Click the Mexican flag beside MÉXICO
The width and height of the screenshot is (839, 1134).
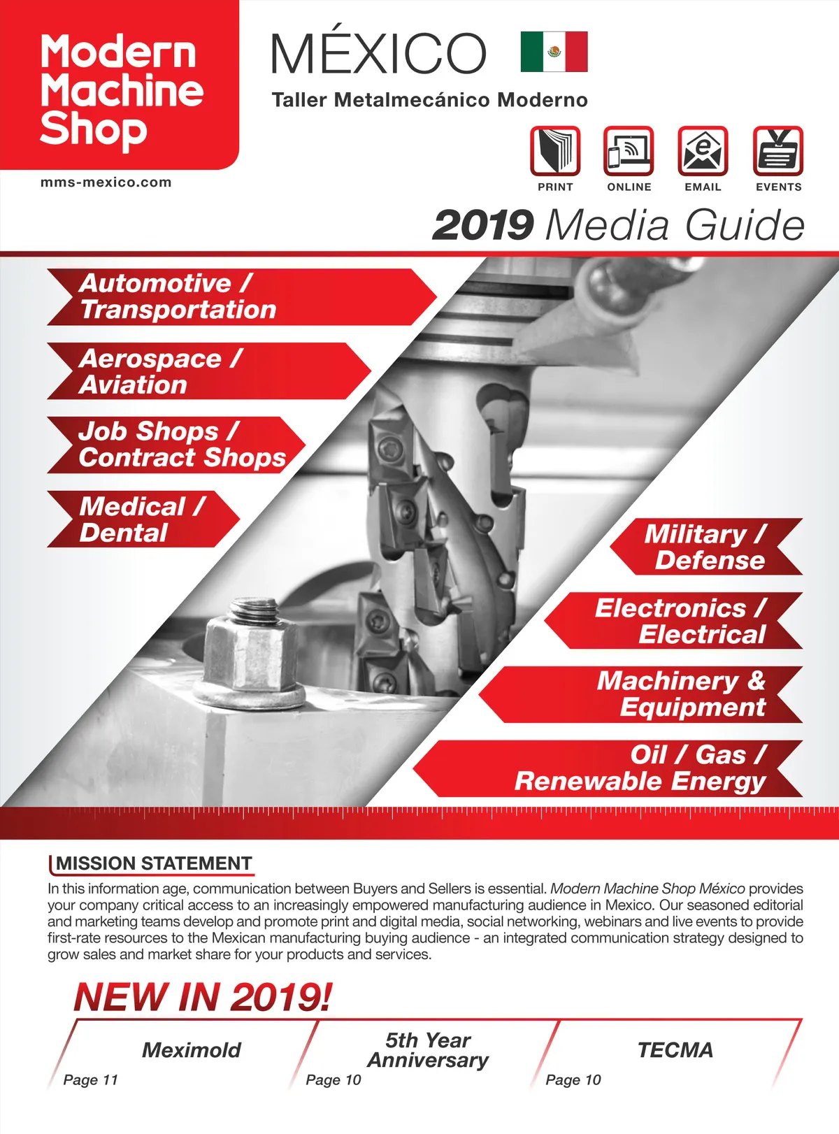(x=554, y=52)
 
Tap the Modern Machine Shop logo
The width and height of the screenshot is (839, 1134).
(x=120, y=91)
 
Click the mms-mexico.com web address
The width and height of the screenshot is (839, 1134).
(x=106, y=182)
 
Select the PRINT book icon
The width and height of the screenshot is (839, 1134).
(x=555, y=150)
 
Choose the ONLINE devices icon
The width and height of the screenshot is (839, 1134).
(x=629, y=150)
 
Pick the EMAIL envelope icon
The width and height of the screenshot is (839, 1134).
(x=703, y=150)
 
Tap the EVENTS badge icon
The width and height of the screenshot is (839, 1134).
(x=778, y=150)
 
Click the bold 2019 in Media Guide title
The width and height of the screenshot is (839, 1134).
(x=483, y=225)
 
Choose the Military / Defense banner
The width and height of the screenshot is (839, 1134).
(x=706, y=547)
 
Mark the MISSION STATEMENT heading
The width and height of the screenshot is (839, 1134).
(x=154, y=863)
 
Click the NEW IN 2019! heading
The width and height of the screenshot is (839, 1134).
(x=203, y=997)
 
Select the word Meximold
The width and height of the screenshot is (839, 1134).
(x=191, y=1049)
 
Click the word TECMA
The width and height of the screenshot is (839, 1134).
(x=675, y=1049)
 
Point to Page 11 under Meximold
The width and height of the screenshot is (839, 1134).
(x=90, y=1079)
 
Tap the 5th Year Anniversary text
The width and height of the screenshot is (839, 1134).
(x=428, y=1050)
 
